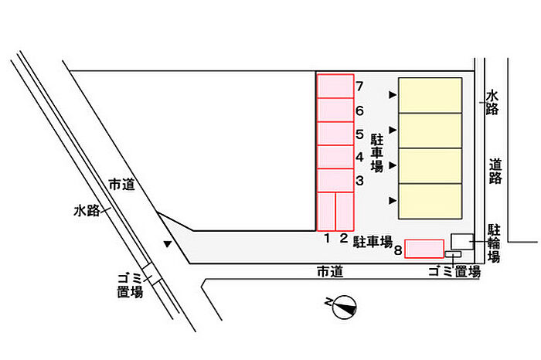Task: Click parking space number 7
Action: [335, 86]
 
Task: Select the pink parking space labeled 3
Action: [335, 180]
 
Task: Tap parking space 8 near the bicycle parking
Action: [424, 249]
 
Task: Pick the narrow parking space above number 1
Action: [326, 212]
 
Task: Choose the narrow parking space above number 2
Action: [345, 212]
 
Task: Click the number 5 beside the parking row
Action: [360, 134]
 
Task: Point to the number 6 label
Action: [360, 110]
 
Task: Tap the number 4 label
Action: [360, 158]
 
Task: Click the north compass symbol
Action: [342, 307]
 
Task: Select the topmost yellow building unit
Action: [430, 95]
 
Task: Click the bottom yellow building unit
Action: [430, 202]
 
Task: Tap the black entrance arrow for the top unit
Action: [393, 94]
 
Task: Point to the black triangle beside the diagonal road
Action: [168, 244]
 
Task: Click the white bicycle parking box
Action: [462, 241]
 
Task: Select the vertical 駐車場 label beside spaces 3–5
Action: [377, 153]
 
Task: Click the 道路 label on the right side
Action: [495, 171]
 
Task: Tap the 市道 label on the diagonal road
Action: [121, 185]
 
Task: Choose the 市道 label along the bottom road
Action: [330, 272]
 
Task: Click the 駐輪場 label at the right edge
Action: [494, 243]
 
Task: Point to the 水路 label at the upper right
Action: [492, 102]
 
